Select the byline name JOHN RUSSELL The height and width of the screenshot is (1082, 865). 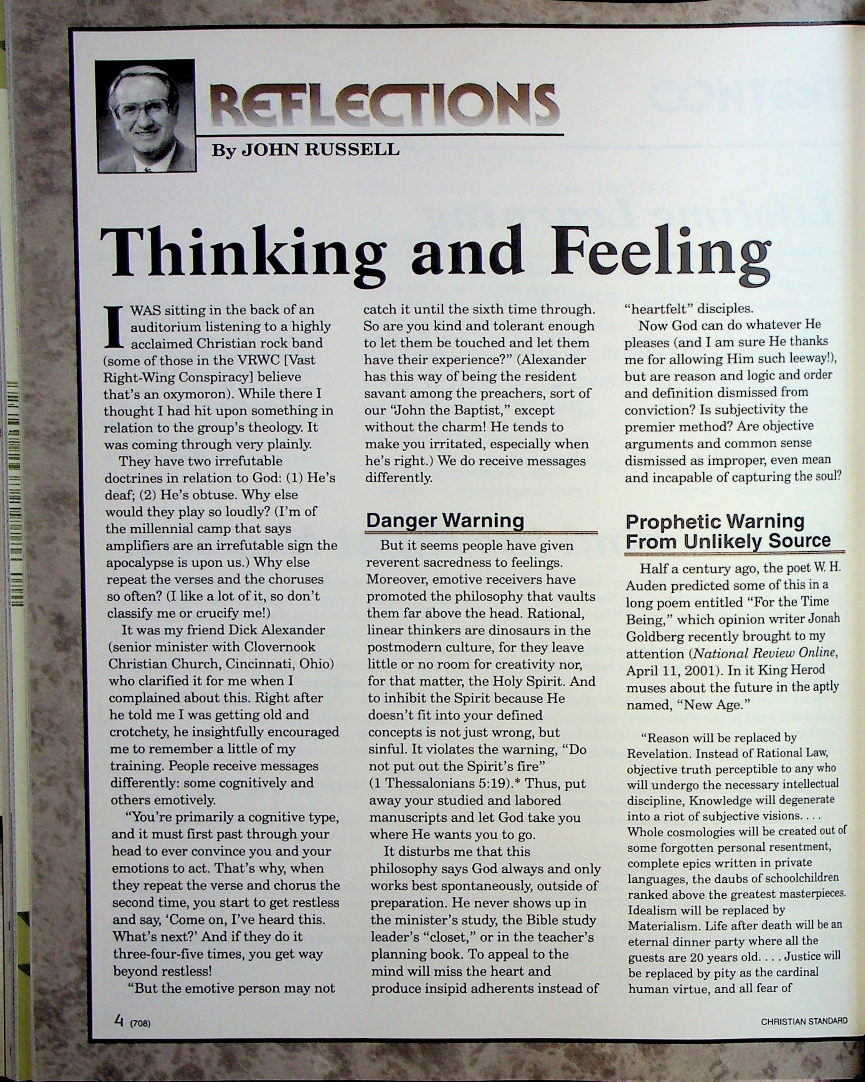[x=320, y=150]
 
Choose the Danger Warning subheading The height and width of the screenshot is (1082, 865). [x=445, y=520]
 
